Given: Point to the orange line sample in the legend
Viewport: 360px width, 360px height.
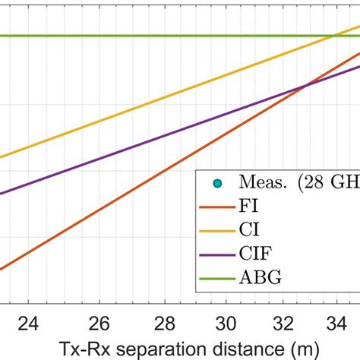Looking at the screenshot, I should pyautogui.click(x=217, y=205).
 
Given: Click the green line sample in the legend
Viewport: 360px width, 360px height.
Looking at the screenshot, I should pyautogui.click(x=217, y=278).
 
